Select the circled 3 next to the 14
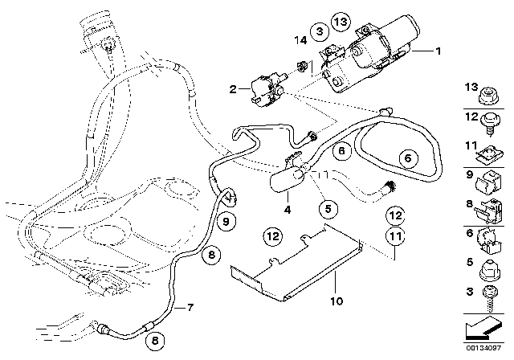(x=320, y=31)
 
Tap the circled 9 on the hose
(x=226, y=221)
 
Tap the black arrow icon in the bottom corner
(x=486, y=329)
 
